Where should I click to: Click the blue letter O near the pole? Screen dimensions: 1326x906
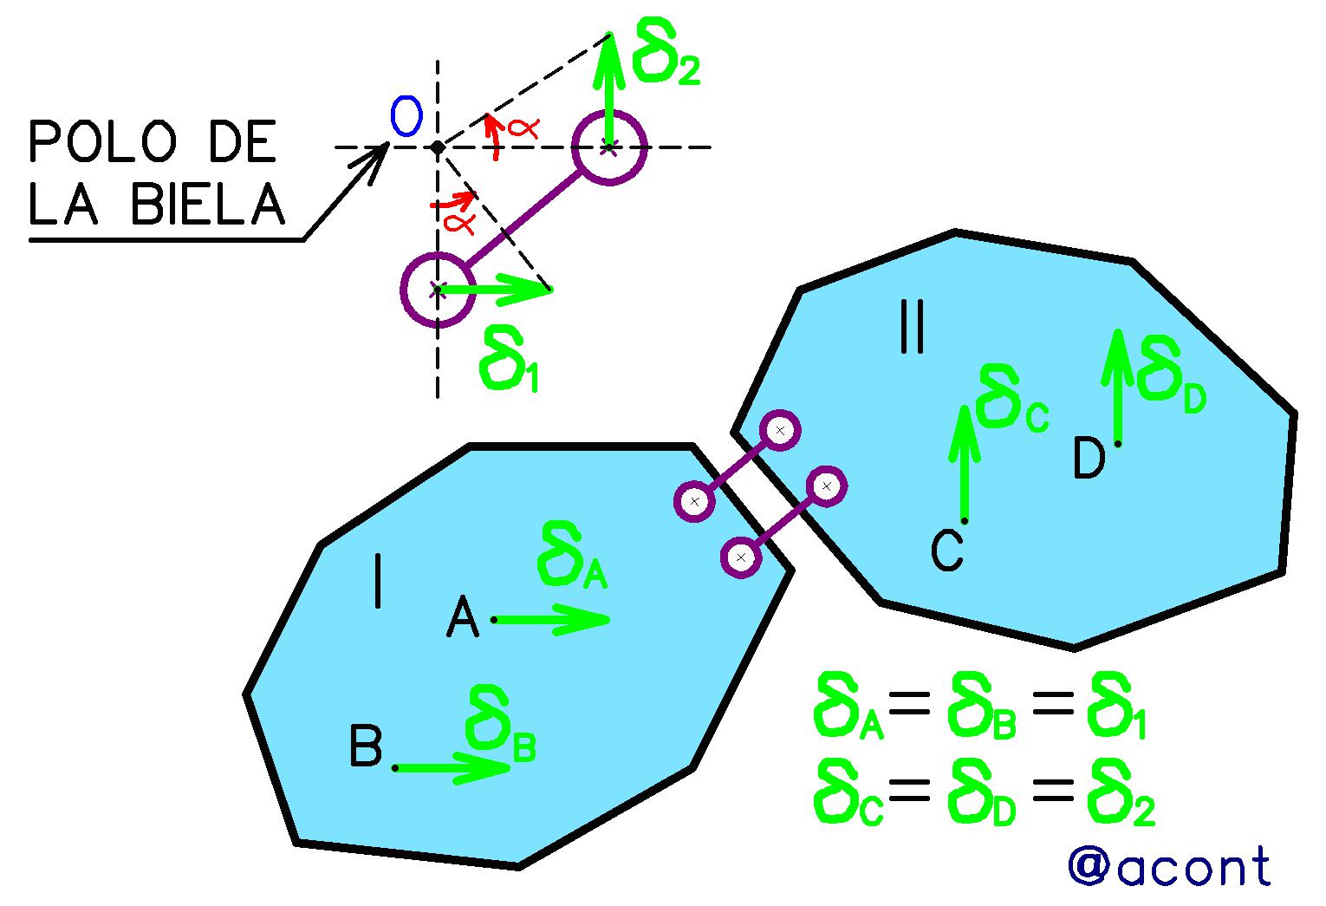pos(406,116)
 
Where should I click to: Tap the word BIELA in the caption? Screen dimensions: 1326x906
pos(208,204)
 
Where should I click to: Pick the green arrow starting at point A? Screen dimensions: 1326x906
pos(551,620)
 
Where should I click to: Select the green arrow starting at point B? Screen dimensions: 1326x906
pos(452,768)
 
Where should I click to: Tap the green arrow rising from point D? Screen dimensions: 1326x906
pos(1117,387)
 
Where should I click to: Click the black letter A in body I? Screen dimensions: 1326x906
pos(462,616)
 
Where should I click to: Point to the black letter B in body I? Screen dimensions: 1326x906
pos(365,746)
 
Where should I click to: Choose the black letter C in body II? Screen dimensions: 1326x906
pos(946,551)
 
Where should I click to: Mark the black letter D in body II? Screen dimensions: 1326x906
pos(1089,458)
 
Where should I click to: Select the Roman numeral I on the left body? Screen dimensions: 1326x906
pos(378,581)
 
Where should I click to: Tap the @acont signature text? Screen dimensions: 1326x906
pos(1169,866)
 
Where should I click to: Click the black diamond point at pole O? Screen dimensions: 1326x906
pos(438,147)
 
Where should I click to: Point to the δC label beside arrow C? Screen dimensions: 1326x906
pos(1013,398)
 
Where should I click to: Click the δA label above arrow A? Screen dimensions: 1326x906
pos(572,555)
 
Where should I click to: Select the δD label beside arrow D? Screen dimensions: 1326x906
pos(1172,375)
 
